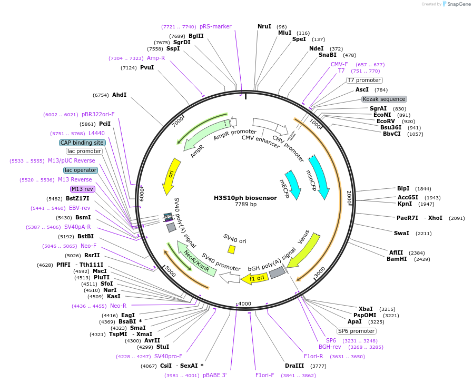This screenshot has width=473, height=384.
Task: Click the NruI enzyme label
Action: click(264, 26)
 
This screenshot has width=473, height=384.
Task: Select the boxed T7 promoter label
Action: click(364, 80)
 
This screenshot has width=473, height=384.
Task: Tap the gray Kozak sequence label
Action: click(384, 99)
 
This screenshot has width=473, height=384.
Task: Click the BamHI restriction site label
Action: click(397, 259)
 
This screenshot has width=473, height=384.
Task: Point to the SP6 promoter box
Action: click(357, 331)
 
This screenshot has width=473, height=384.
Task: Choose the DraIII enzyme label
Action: click(294, 366)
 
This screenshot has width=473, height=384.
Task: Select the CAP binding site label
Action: click(82, 143)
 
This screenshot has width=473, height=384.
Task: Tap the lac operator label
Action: click(81, 170)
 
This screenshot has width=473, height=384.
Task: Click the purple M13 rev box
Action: click(82, 189)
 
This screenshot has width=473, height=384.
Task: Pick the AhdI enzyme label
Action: click(119, 95)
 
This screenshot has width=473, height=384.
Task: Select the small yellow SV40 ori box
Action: click(231, 249)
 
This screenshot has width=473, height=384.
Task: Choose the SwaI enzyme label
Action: click(401, 233)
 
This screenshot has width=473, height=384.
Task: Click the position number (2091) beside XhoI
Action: click(457, 218)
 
